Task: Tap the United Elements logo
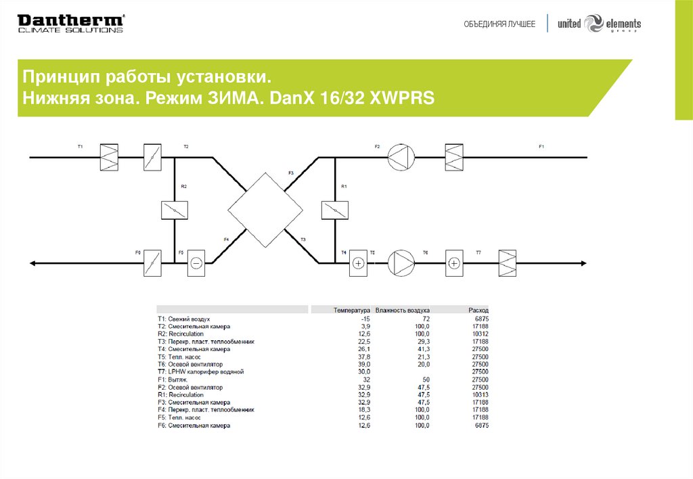[x=599, y=24]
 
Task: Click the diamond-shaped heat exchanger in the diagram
[x=265, y=210]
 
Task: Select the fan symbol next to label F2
[x=400, y=158]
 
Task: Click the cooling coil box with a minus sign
[x=196, y=263]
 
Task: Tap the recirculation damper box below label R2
[x=174, y=210]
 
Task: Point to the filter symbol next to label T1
[x=109, y=158]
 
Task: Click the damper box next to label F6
[x=152, y=263]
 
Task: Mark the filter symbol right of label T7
[x=507, y=263]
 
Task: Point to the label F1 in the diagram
[x=541, y=146]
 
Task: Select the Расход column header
[x=478, y=310]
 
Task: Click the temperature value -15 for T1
[x=365, y=318]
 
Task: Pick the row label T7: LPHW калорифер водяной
[x=200, y=372]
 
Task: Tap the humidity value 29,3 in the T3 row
[x=421, y=342]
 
